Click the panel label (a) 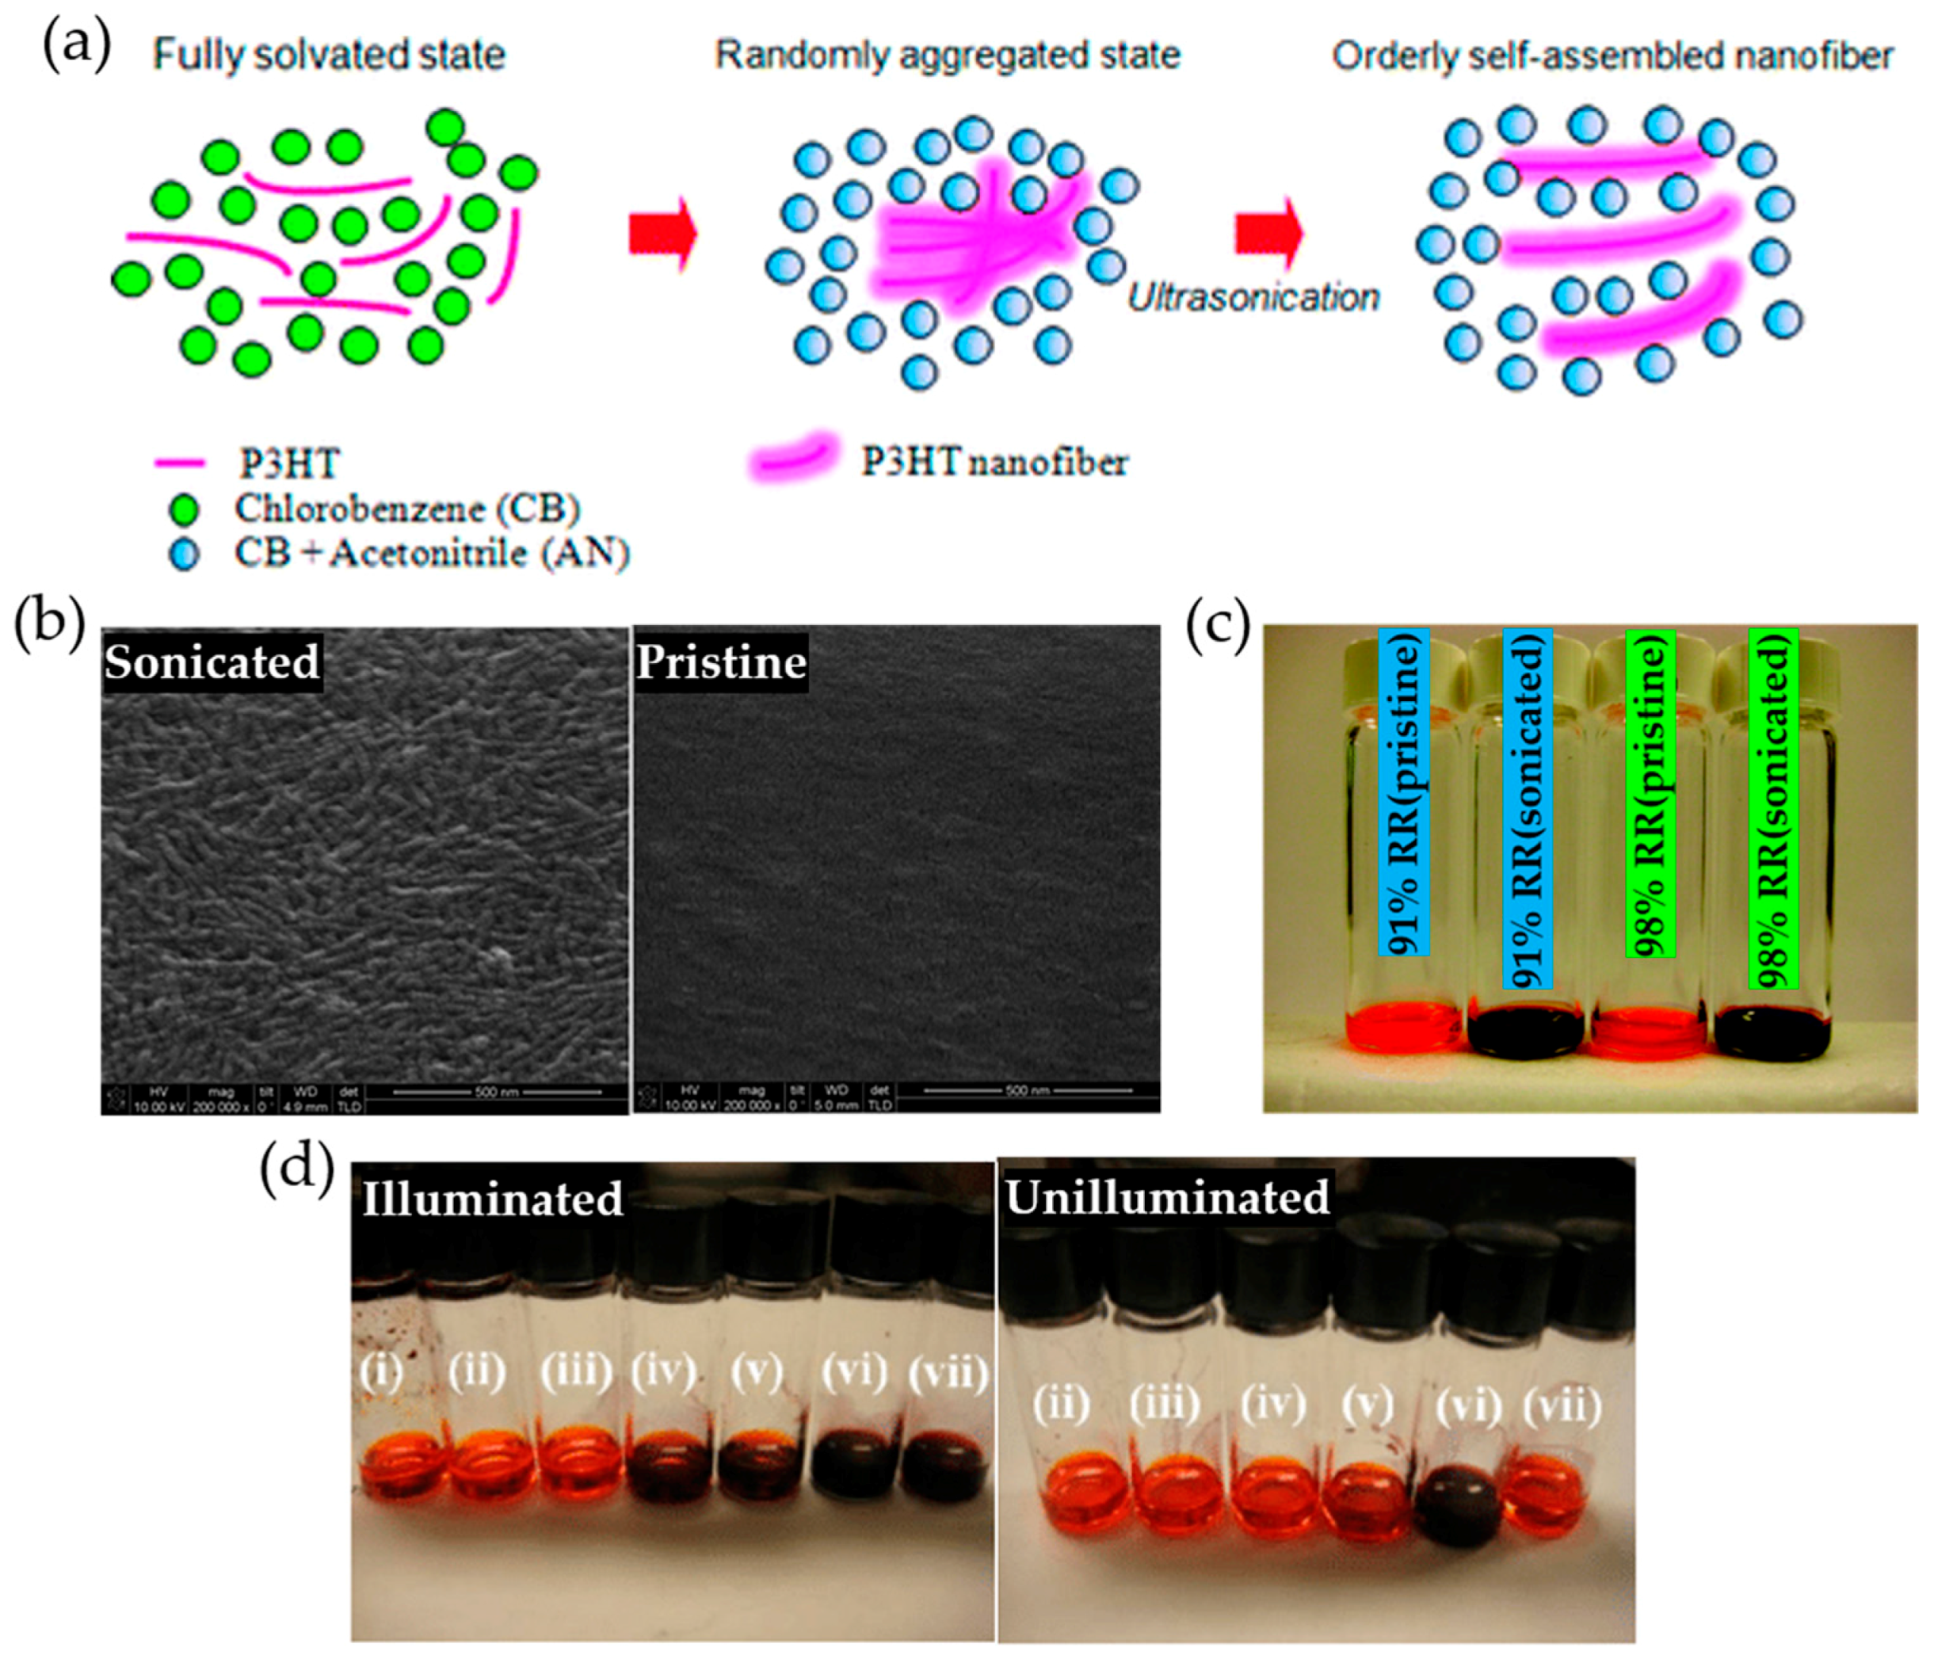click(x=78, y=46)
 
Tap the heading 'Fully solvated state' click(x=329, y=55)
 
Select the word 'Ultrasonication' click(x=1253, y=298)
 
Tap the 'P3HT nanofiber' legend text click(x=994, y=462)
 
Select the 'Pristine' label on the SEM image click(x=720, y=662)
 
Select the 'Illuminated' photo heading click(x=492, y=1199)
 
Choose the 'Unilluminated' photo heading click(x=1167, y=1198)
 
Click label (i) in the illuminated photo click(x=381, y=1372)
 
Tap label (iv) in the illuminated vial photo click(x=664, y=1371)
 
